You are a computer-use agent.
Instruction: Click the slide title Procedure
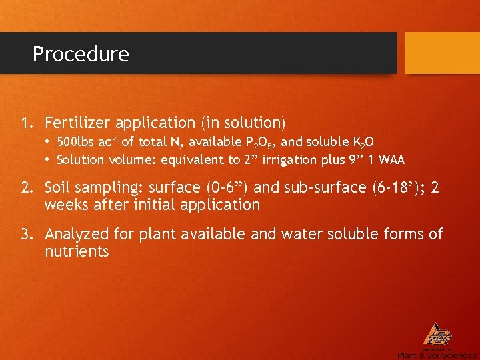point(81,54)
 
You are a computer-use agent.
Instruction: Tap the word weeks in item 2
point(65,205)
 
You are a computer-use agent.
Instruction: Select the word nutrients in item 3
point(77,251)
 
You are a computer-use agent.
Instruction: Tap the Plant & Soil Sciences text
point(437,355)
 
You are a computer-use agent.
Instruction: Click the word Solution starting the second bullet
point(80,160)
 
